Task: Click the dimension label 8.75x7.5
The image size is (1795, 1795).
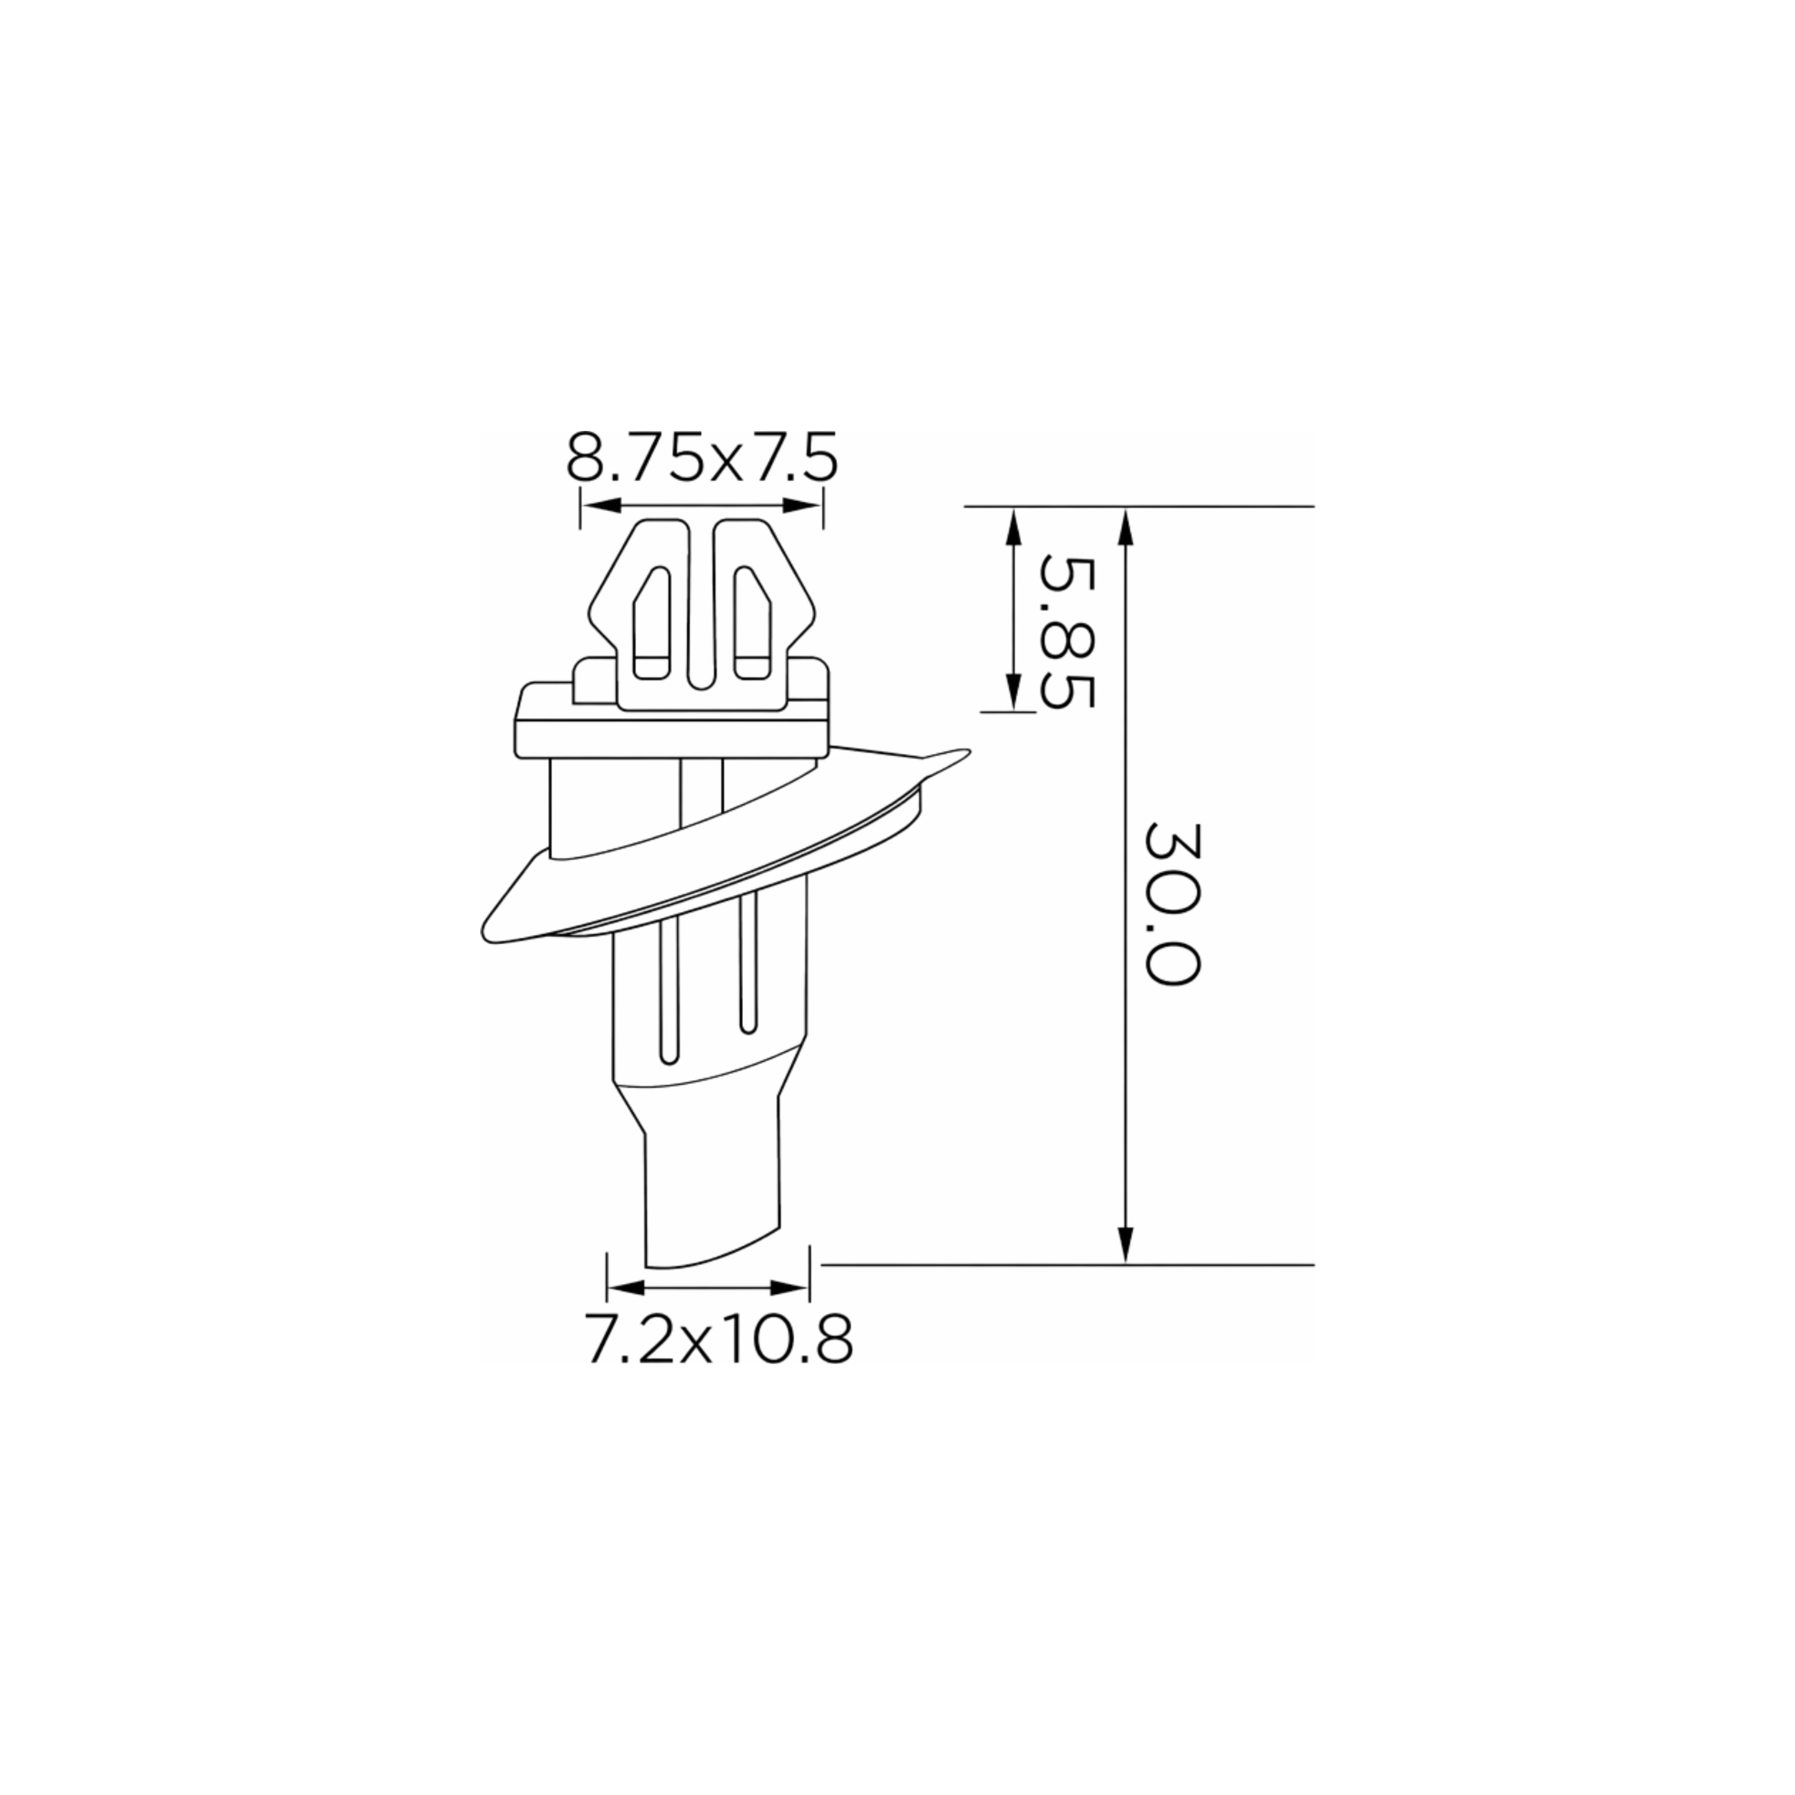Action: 702,455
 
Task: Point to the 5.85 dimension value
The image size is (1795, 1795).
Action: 1068,632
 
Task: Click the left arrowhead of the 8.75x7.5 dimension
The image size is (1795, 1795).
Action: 601,505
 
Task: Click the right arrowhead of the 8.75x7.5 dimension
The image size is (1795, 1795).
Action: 803,505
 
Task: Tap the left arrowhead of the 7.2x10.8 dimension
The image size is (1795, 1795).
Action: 626,1287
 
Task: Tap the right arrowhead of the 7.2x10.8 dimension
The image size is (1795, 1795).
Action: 790,1287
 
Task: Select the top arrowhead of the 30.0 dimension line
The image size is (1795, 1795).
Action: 1126,527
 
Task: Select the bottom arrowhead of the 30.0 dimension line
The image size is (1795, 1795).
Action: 1126,1244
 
